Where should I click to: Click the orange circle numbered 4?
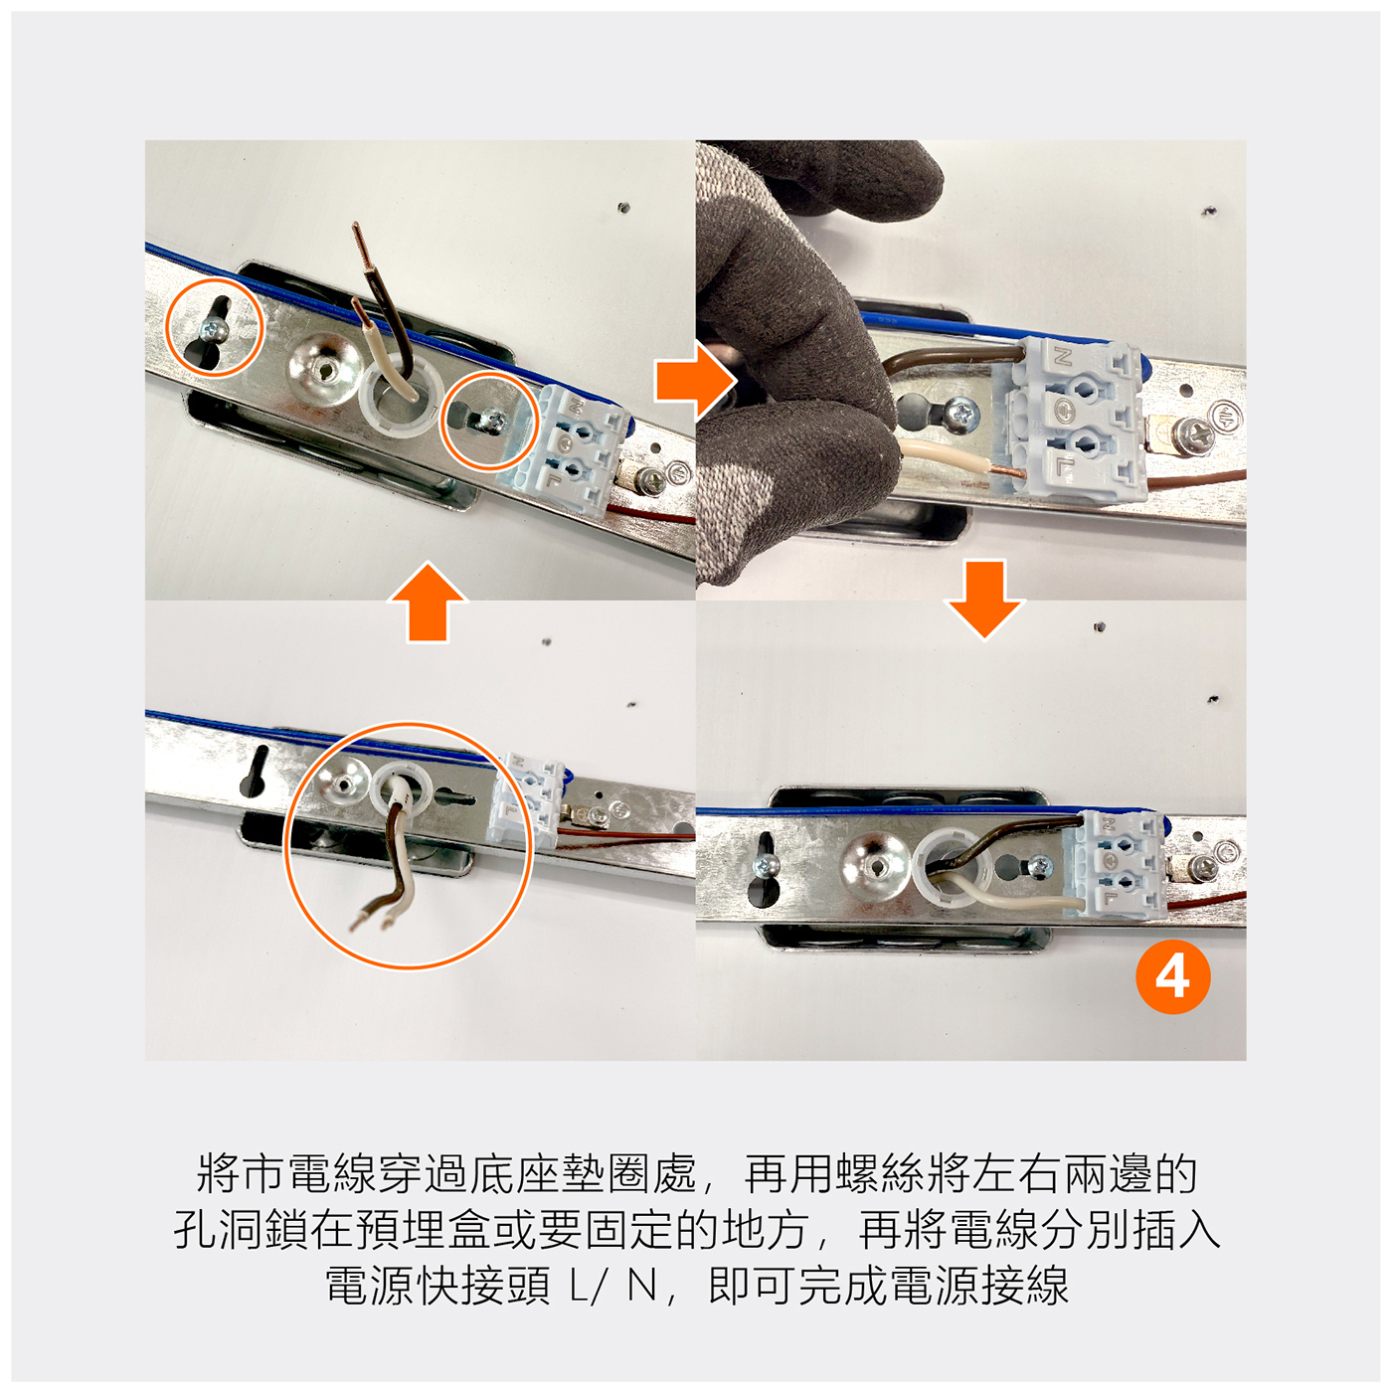[1172, 977]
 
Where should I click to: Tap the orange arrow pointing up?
[428, 603]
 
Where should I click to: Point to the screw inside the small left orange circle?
[215, 331]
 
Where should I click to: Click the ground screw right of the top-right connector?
[1191, 438]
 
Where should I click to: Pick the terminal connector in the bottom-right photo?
[1118, 865]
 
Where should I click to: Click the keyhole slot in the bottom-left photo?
[256, 772]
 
